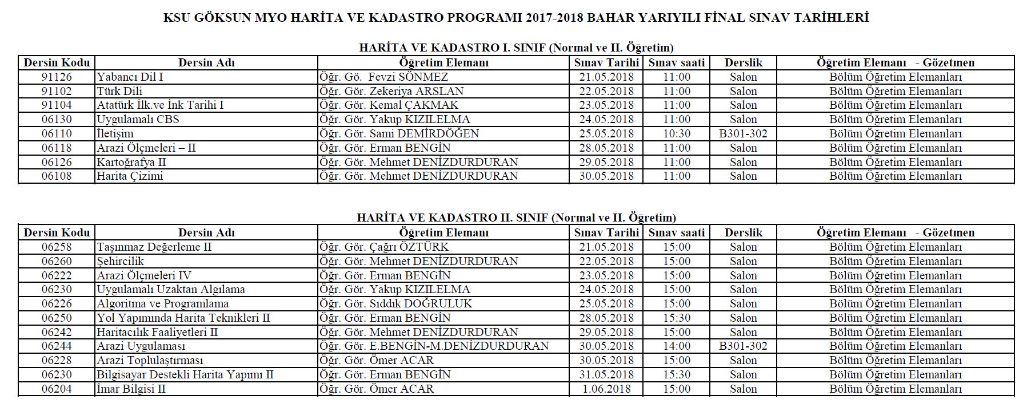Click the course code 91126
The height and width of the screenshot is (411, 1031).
(x=57, y=77)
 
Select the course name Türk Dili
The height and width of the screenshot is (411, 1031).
(x=119, y=92)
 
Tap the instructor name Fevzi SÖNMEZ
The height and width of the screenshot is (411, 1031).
(x=408, y=77)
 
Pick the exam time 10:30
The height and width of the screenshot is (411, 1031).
(x=677, y=134)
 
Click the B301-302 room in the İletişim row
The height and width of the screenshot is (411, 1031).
(x=743, y=134)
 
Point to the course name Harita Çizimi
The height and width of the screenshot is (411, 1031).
(x=130, y=176)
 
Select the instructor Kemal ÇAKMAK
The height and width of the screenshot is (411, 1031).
(x=413, y=105)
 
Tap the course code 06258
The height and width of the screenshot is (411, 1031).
(x=57, y=247)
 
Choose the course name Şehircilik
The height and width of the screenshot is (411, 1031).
(x=120, y=262)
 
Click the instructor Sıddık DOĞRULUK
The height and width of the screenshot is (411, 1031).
(x=421, y=304)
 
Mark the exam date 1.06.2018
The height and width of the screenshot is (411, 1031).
(x=606, y=389)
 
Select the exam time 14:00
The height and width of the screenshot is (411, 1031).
(x=677, y=346)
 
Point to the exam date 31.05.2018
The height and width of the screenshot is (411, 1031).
(x=606, y=375)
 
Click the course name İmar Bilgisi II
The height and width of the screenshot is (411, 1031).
(x=131, y=389)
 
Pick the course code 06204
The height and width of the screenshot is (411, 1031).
(x=57, y=389)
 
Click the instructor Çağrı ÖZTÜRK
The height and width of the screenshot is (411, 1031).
(x=409, y=247)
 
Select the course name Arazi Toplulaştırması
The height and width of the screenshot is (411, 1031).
(x=150, y=361)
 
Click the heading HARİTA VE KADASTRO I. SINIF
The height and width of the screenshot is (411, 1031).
(x=452, y=48)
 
